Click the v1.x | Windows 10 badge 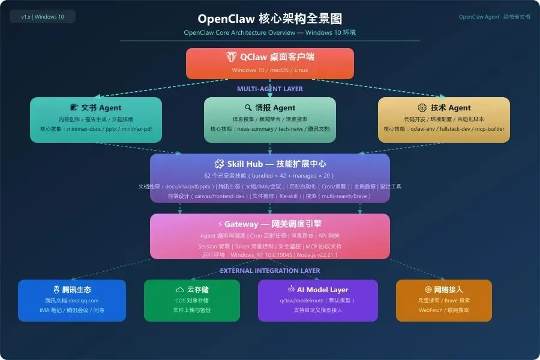[x=43, y=17]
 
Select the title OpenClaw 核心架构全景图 [x=270, y=19]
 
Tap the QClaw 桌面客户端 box [x=270, y=63]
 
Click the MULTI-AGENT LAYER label [x=270, y=89]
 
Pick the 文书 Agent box [x=96, y=119]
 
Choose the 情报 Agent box [x=270, y=119]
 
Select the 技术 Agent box [x=444, y=119]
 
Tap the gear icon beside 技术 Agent [x=422, y=108]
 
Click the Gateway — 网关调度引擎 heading [x=270, y=224]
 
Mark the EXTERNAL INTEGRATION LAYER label [x=270, y=271]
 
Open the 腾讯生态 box [x=72, y=299]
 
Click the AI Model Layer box [x=318, y=299]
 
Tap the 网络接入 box [x=444, y=299]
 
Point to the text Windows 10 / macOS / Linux [x=270, y=70]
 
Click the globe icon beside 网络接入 [x=428, y=289]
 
